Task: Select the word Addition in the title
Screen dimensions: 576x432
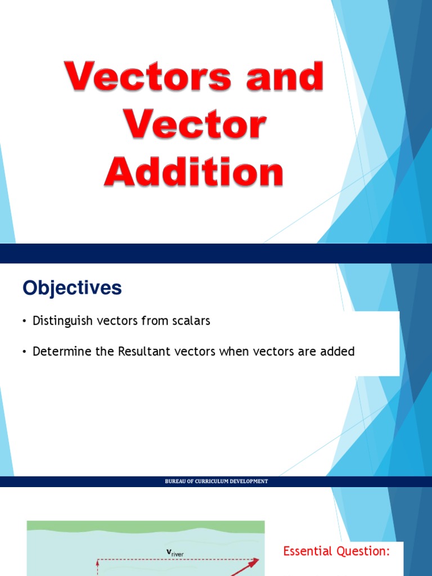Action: [x=193, y=173]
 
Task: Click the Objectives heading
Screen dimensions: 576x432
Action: [x=72, y=288]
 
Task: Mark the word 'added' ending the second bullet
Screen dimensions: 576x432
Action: [x=337, y=352]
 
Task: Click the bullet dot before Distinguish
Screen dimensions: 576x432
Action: [x=25, y=322]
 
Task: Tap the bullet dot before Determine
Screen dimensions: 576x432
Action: [x=25, y=352]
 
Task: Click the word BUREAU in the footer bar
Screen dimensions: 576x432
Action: [x=174, y=481]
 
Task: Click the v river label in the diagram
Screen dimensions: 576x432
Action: [x=175, y=553]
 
